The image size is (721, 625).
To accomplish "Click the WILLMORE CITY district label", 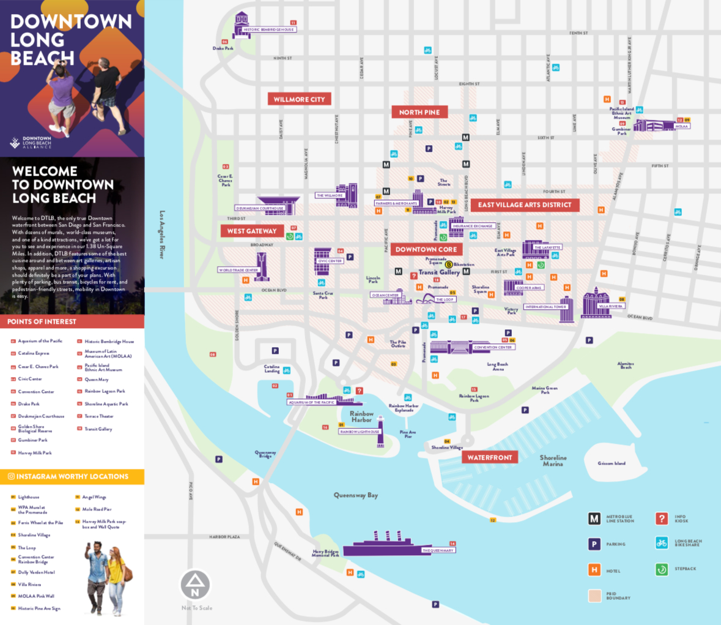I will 299,99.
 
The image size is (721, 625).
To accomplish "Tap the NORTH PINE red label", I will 420,112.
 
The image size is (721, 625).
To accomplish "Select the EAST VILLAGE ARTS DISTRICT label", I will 525,205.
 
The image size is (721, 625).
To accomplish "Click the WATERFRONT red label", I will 489,457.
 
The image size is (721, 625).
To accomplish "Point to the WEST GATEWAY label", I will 252,231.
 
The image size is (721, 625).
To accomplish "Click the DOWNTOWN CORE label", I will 426,249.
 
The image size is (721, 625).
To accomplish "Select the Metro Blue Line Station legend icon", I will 594,519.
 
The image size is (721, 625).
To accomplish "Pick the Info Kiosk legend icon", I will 662,519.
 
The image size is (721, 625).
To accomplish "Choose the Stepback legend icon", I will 662,569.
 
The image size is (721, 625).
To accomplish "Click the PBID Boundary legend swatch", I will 594,596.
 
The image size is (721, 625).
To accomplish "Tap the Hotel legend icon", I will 594,570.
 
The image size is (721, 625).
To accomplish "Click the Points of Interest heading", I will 42,321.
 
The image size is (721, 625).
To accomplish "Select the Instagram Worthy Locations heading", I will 72,476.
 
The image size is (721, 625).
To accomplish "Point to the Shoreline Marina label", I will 553,461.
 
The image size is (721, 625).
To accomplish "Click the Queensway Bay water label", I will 355,495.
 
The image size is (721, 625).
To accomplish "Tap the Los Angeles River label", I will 162,234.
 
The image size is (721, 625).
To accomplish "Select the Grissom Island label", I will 612,463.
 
